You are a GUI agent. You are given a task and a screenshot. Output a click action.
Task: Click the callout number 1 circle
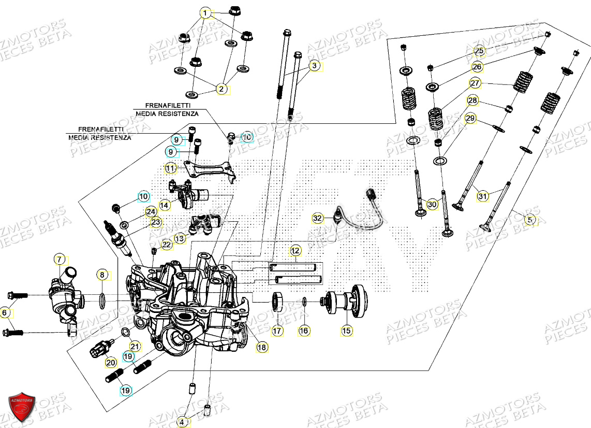[x=206, y=13]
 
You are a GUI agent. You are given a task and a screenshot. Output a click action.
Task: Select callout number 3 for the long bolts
[x=314, y=66]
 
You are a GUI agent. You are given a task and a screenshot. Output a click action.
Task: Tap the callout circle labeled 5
[x=528, y=220]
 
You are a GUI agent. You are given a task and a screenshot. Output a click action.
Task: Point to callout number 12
[x=295, y=251]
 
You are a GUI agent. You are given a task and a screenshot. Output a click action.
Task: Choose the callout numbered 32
[x=317, y=218]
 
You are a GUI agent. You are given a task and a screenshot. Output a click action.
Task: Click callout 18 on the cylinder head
[x=262, y=348]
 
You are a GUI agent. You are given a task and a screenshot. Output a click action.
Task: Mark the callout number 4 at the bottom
[x=182, y=422]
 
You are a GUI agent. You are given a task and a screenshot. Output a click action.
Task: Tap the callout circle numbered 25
[x=479, y=51]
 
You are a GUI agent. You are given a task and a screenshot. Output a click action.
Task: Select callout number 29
[x=470, y=119]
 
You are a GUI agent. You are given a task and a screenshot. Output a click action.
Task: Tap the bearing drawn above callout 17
[x=278, y=302]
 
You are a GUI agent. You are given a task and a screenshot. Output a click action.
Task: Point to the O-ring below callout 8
[x=102, y=299]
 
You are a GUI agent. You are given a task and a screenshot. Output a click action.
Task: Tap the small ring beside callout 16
[x=304, y=302]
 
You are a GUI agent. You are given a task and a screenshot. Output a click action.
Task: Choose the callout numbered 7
[x=60, y=259]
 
